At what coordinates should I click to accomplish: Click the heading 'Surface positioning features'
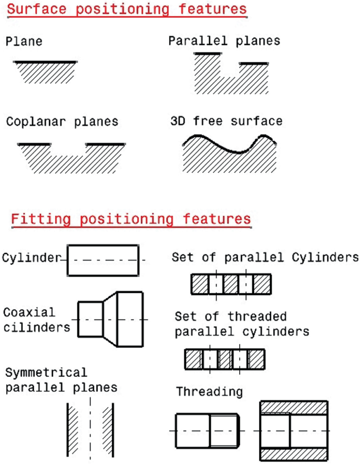pyautogui.click(x=127, y=9)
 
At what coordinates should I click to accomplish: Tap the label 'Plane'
pyautogui.click(x=24, y=42)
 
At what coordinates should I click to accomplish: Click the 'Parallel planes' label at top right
pyautogui.click(x=224, y=40)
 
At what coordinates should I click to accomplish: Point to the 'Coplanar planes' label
pyautogui.click(x=63, y=122)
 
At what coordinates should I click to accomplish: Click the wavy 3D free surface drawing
pyautogui.click(x=229, y=152)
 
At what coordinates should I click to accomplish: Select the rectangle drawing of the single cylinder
pyautogui.click(x=103, y=260)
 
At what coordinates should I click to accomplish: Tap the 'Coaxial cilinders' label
pyautogui.click(x=36, y=319)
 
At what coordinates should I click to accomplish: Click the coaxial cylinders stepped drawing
pyautogui.click(x=110, y=319)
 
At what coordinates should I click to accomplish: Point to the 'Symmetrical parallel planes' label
pyautogui.click(x=61, y=380)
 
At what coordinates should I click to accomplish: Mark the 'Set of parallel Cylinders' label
pyautogui.click(x=265, y=258)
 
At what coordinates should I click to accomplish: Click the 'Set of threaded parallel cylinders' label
pyautogui.click(x=242, y=324)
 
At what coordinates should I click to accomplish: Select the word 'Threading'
pyautogui.click(x=209, y=391)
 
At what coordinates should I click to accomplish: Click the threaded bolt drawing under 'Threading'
pyautogui.click(x=208, y=430)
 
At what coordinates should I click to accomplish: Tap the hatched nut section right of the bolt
pyautogui.click(x=294, y=430)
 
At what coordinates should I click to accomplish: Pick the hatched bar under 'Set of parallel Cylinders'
pyautogui.click(x=231, y=284)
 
